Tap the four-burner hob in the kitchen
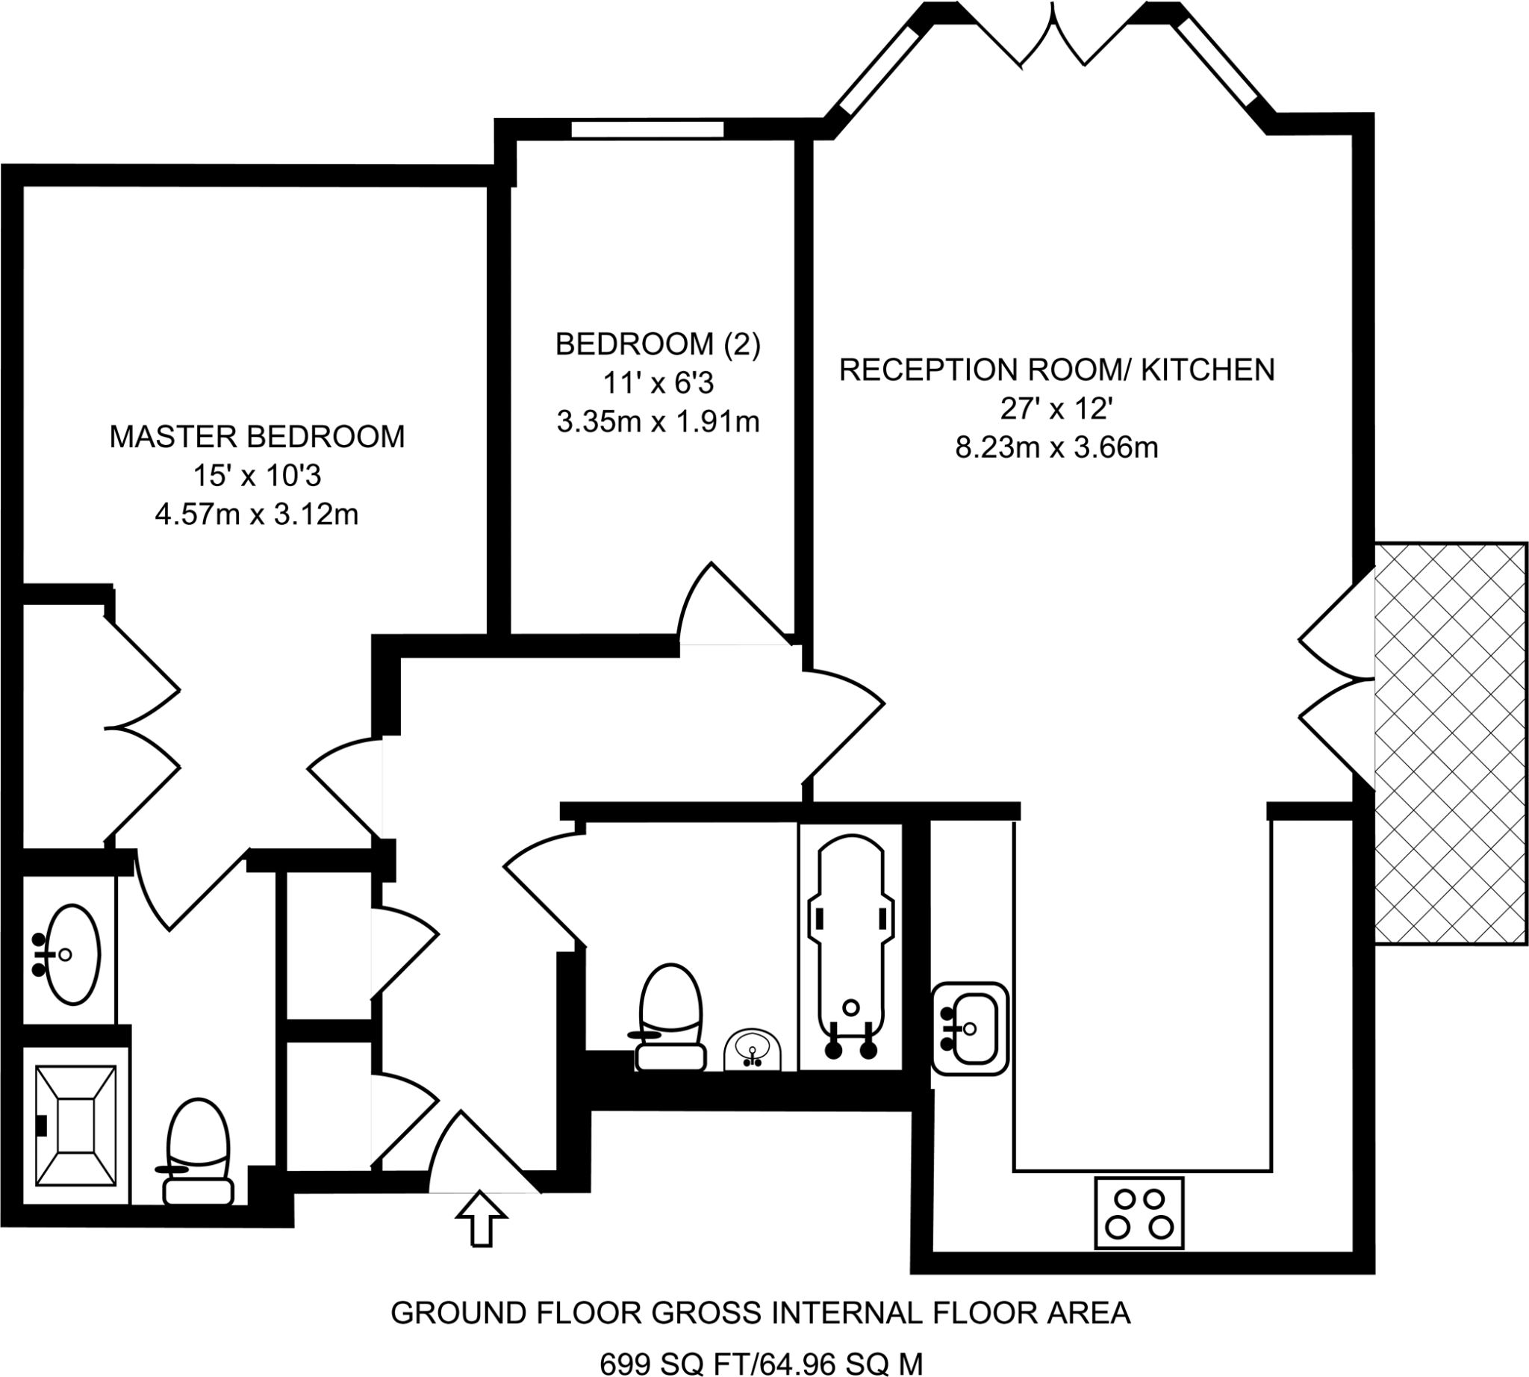1139,1213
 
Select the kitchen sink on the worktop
970,1029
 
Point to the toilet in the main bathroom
671,1018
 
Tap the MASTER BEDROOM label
258,437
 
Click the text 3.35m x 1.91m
658,421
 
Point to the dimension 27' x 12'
1056,408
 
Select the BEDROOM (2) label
658,344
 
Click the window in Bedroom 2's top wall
647,129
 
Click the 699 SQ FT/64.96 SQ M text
761,1364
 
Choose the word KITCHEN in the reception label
1207,369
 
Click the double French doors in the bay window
1053,38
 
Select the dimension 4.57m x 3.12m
257,515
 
